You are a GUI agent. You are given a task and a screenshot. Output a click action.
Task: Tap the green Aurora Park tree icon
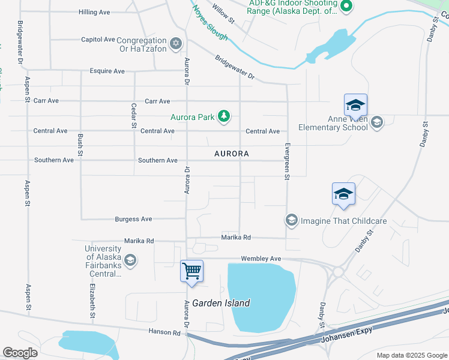click(224, 116)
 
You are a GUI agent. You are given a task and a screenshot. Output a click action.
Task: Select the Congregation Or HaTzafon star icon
click(176, 43)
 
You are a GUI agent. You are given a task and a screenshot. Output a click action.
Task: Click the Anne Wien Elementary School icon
click(376, 123)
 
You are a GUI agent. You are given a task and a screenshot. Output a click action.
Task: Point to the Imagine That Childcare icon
click(292, 221)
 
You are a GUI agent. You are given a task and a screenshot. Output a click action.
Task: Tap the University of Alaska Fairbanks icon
click(130, 261)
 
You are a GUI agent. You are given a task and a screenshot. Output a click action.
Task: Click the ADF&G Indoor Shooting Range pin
click(345, 7)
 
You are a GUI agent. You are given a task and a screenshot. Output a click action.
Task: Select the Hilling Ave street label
click(94, 12)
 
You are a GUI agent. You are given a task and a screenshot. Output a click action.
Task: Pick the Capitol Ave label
click(98, 40)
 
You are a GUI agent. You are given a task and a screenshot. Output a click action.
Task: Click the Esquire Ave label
click(107, 71)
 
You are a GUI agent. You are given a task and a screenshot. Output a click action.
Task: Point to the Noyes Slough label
click(210, 23)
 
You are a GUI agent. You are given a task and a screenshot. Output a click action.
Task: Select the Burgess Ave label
click(133, 220)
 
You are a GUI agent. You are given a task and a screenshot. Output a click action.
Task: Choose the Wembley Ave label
click(261, 259)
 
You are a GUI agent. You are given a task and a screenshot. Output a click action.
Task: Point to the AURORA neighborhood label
click(232, 154)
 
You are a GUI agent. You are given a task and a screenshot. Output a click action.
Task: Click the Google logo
click(20, 353)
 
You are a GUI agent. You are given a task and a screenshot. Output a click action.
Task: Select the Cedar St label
click(134, 115)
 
